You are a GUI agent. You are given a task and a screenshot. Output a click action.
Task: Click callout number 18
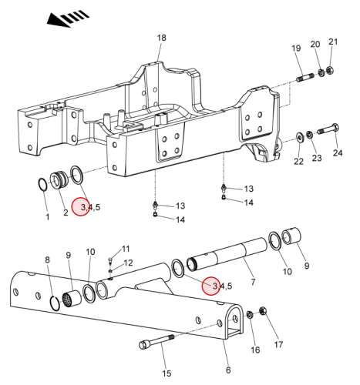[x=162, y=38]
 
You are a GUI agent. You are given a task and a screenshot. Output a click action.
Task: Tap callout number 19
[x=296, y=48]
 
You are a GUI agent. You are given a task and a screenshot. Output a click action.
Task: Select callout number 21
[x=333, y=42]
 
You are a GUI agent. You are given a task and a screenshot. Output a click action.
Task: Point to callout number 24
[x=338, y=153]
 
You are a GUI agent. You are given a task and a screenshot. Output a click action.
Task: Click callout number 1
[x=47, y=217]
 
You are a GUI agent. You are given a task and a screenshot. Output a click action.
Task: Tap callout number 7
[x=253, y=282]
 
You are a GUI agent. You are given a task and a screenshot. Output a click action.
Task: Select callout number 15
[x=167, y=373]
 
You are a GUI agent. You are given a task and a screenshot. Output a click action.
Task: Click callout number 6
[x=228, y=370]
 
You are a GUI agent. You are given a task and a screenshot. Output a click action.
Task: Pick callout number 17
[x=278, y=344]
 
